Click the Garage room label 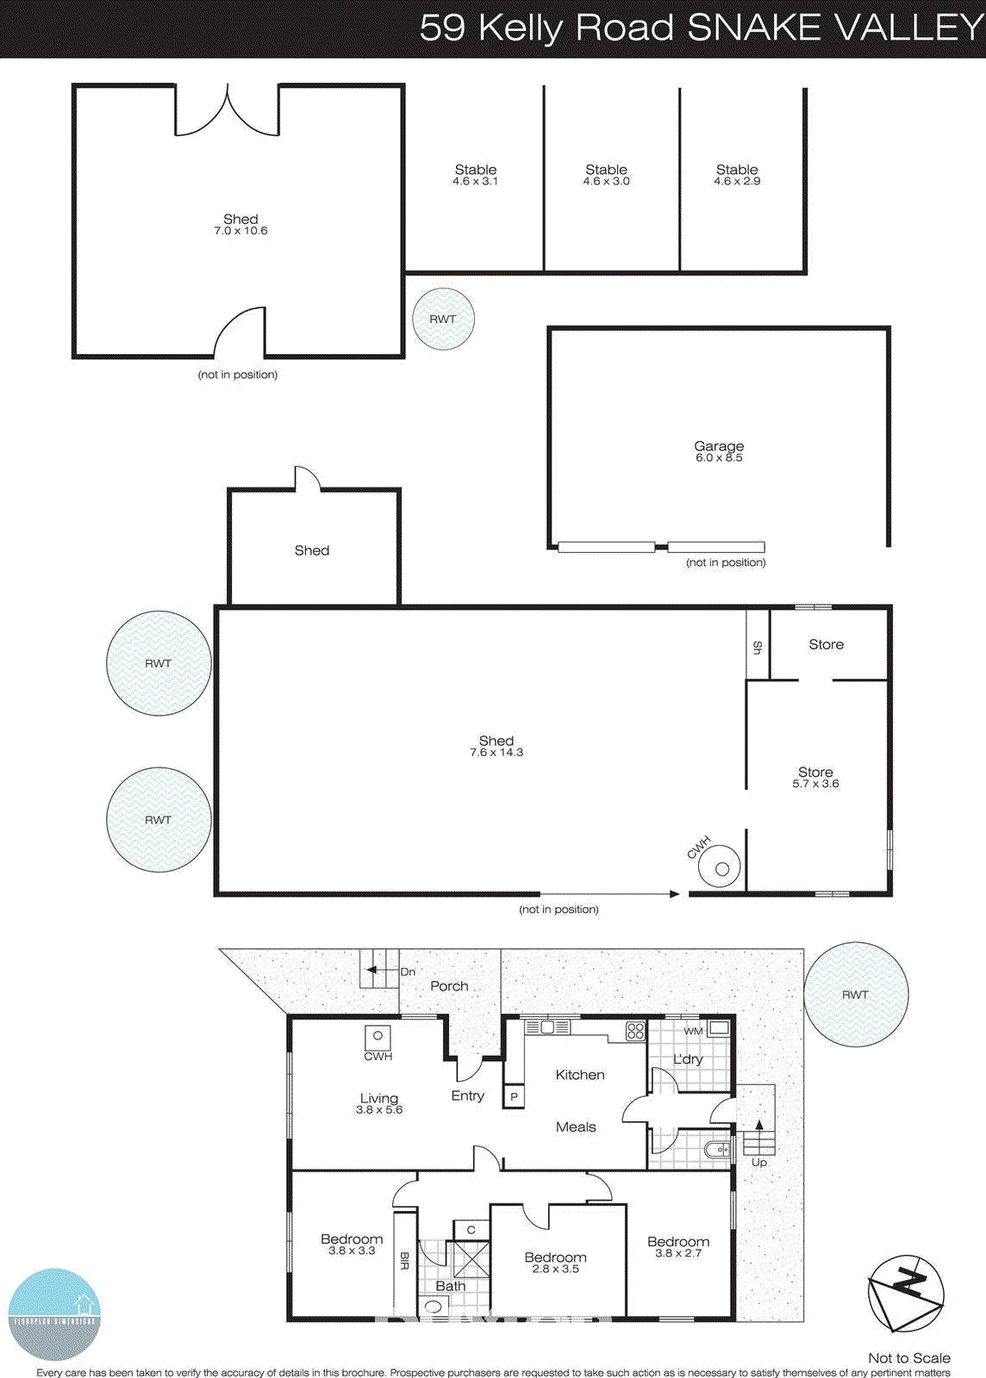719,446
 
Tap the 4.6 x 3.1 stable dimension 476,182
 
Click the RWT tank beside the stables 443,319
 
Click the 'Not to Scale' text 908,1358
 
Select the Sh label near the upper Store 758,647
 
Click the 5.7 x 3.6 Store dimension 815,784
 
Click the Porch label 449,986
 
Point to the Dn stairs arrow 372,971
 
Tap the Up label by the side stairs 759,1162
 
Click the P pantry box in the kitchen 514,1096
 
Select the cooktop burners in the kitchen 635,1030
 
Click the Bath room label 450,1286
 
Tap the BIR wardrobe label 404,1261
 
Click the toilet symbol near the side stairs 717,1149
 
